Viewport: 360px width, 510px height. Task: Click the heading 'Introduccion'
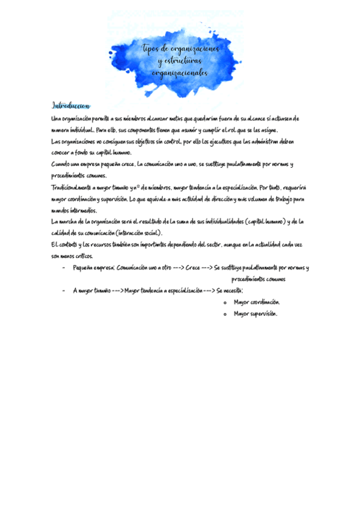[71, 105]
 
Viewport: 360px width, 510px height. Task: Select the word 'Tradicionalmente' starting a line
[74, 188]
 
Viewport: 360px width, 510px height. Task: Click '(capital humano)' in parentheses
[261, 221]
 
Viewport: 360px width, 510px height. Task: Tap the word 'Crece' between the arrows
[193, 268]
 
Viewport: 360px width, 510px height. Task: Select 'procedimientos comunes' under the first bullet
[258, 279]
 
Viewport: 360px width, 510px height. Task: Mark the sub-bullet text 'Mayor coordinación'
[257, 302]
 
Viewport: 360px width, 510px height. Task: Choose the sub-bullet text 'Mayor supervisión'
[255, 313]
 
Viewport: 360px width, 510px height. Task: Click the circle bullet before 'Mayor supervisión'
[224, 314]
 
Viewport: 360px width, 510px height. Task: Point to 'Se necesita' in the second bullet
[229, 290]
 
